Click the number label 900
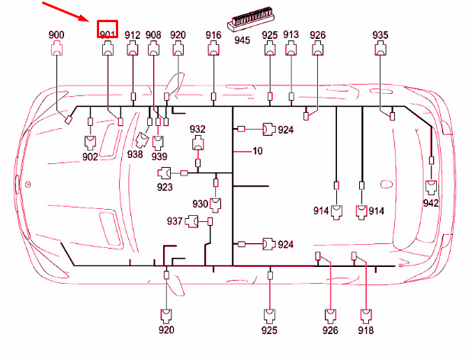[x=56, y=35]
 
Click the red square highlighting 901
[x=108, y=29]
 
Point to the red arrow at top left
[x=66, y=11]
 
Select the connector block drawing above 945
[x=251, y=18]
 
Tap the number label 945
[x=242, y=40]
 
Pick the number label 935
[x=380, y=35]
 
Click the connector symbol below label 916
[x=214, y=49]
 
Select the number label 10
[x=258, y=150]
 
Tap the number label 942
[x=431, y=203]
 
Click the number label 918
[x=366, y=330]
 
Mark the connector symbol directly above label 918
[x=366, y=316]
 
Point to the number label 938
[x=135, y=154]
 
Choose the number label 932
[x=197, y=129]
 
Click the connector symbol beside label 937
[x=191, y=221]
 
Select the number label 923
[x=165, y=187]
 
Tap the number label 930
[x=201, y=204]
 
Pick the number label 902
[x=90, y=156]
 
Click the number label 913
[x=291, y=34]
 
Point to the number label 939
[x=159, y=156]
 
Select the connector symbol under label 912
[x=133, y=49]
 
